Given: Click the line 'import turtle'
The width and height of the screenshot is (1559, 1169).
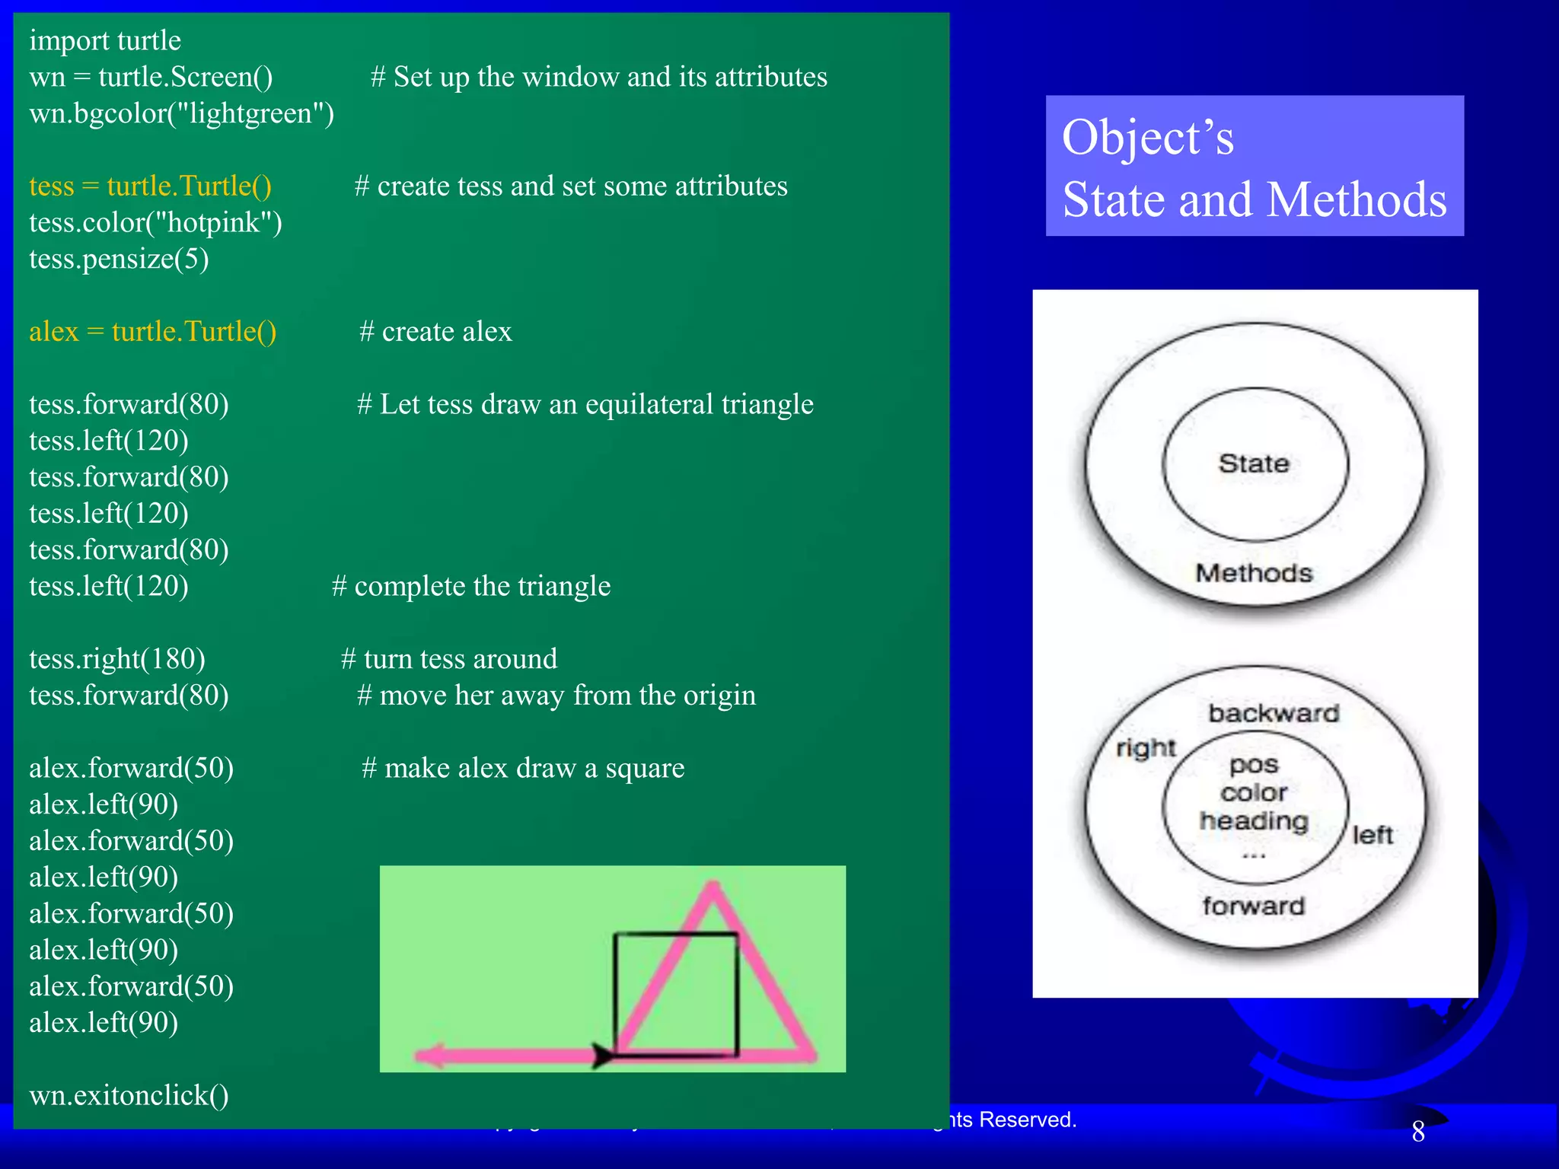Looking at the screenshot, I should click(105, 40).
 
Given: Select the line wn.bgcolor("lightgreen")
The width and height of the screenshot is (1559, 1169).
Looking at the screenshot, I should click(181, 113).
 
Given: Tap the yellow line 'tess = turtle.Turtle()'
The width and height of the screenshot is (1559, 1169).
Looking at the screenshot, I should click(150, 186).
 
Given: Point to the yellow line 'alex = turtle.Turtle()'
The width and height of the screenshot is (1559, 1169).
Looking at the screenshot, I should click(152, 332).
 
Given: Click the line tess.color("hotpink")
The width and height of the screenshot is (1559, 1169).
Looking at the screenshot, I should click(155, 222).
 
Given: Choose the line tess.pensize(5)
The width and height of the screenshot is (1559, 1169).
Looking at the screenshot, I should click(119, 259).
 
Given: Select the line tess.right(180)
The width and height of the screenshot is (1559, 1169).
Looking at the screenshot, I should click(117, 659).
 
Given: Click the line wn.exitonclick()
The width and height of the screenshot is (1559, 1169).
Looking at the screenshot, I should click(129, 1095).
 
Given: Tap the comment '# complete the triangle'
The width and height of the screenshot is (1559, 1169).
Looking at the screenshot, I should click(471, 586).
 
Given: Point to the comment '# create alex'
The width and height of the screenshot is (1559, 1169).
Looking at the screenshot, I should click(435, 332).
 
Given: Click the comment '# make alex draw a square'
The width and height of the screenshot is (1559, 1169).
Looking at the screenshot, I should click(523, 768).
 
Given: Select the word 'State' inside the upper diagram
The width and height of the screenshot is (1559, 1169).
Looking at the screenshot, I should click(1254, 463).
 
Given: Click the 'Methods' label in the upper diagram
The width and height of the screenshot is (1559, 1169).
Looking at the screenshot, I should click(1254, 573).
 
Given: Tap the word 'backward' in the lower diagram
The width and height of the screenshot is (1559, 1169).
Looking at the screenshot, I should click(1274, 713).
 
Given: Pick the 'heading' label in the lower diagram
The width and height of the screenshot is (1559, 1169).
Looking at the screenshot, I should click(1254, 821).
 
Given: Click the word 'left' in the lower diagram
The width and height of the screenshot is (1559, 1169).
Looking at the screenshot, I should click(1372, 835).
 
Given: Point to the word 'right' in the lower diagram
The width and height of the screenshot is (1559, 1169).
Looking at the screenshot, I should click(1146, 748).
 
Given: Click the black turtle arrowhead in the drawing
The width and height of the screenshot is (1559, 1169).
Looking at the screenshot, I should click(602, 1056).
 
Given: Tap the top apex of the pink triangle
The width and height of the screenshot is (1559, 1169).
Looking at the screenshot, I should click(713, 886).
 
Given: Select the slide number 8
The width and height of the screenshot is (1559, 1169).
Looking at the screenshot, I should click(1418, 1132).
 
